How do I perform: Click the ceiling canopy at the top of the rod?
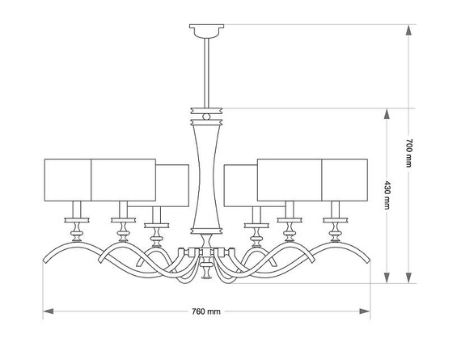pos(205,32)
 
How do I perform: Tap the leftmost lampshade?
pos(67,179)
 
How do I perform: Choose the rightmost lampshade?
pos(345,179)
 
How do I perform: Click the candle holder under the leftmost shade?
pos(76,226)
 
